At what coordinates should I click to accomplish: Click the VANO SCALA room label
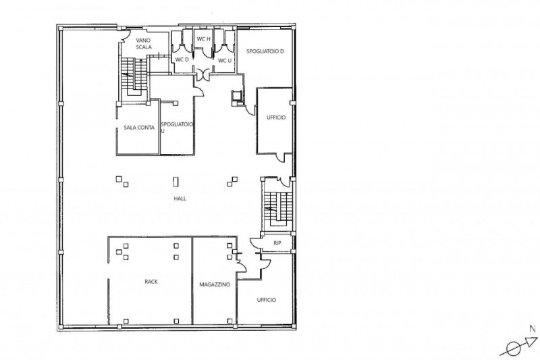[143, 44]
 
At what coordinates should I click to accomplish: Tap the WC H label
[203, 39]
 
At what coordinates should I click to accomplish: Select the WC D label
[182, 59]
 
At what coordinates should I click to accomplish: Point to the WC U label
[225, 61]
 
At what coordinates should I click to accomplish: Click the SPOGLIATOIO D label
[265, 51]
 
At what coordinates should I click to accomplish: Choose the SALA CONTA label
[139, 128]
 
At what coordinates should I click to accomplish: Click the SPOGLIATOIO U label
[177, 127]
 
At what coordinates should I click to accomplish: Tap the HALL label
[180, 199]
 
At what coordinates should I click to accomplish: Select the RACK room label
[151, 282]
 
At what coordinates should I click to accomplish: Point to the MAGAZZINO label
[215, 284]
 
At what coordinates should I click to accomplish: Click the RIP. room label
[277, 243]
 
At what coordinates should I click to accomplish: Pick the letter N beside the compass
[533, 329]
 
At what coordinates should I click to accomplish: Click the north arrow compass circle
[514, 349]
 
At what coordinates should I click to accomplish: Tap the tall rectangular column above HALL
[175, 182]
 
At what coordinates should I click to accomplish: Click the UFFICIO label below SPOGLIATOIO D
[276, 118]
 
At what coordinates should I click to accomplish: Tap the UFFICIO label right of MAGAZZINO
[266, 300]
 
